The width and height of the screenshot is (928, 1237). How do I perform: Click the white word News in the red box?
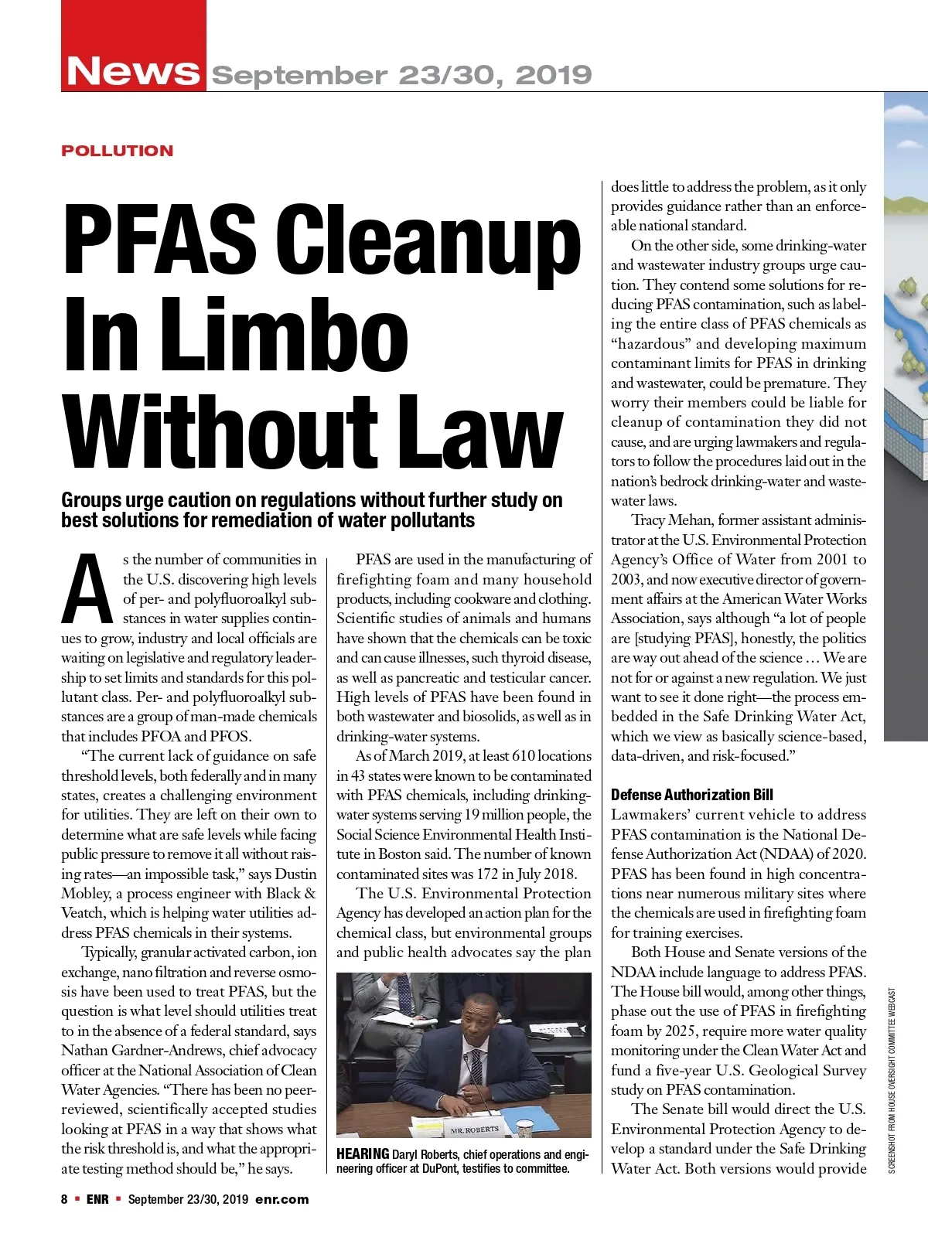[133, 71]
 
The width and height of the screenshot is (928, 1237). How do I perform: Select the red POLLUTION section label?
[118, 151]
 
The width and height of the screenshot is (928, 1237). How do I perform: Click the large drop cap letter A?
[88, 589]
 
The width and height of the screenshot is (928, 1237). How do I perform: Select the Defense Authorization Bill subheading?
[691, 795]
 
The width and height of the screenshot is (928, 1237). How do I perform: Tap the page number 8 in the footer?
[65, 1199]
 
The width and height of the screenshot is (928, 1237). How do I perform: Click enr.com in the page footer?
[281, 1199]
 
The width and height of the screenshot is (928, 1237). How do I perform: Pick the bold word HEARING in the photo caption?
[362, 1154]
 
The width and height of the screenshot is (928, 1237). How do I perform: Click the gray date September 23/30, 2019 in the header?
[401, 75]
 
